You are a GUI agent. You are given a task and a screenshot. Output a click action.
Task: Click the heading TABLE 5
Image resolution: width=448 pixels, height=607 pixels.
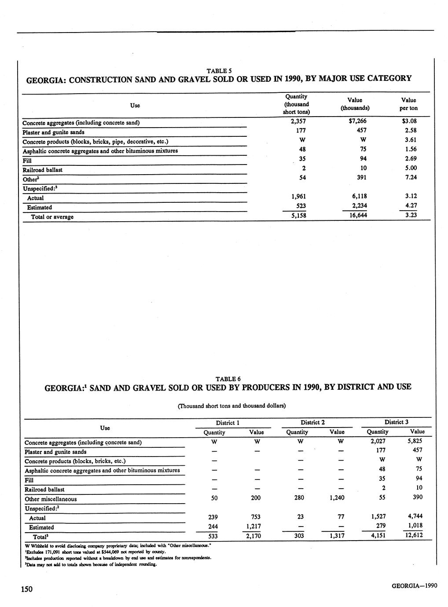pos(219,70)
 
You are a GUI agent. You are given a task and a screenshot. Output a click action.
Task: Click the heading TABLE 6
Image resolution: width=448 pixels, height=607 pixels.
pos(228,379)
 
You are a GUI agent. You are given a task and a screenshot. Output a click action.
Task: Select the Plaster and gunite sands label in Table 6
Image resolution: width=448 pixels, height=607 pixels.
pos(55,452)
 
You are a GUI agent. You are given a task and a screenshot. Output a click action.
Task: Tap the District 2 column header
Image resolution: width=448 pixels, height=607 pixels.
pos(312,422)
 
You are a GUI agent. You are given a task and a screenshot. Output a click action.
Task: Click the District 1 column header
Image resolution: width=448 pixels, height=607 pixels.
pos(227,423)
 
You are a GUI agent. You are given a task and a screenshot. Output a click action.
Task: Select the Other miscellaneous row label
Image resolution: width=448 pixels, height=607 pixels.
pos(51,499)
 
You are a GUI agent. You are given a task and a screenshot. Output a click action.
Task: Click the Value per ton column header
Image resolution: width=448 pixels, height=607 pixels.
pos(408,104)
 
